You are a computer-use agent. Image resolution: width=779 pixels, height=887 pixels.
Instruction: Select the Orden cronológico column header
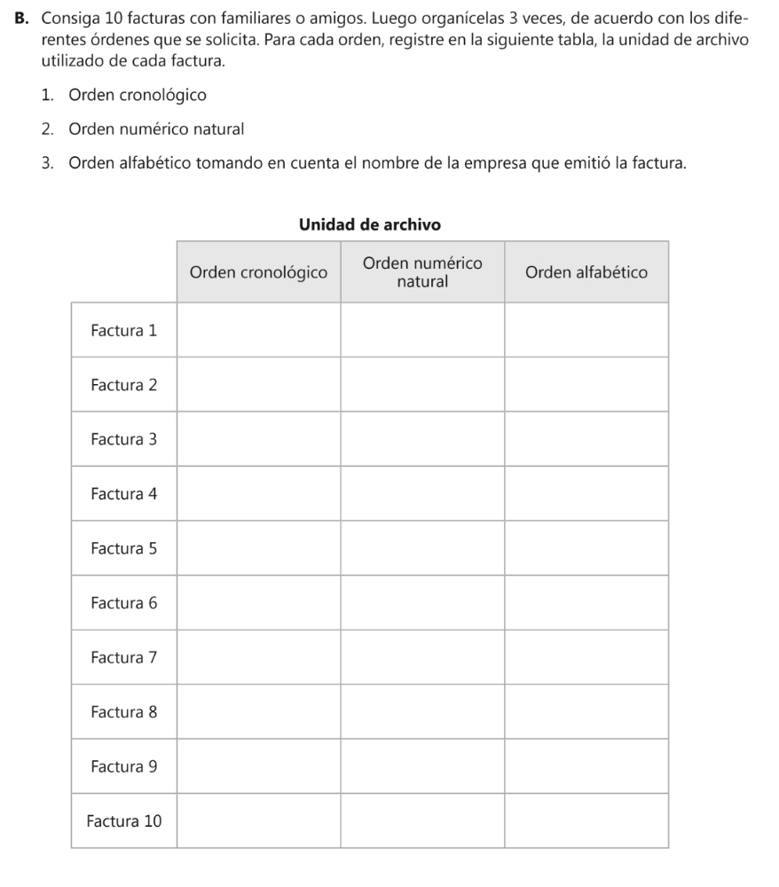[x=258, y=271]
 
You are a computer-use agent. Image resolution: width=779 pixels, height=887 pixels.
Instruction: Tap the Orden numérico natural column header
[x=422, y=271]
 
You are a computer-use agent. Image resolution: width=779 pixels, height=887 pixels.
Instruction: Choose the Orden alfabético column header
[x=586, y=271]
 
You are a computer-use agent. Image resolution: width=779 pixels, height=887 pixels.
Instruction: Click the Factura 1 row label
[x=123, y=330]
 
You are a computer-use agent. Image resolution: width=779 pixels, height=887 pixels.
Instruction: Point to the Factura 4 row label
[x=123, y=493]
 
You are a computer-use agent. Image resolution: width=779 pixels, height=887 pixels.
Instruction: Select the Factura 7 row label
[x=123, y=657]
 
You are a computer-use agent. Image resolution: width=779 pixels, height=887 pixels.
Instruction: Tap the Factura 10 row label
[x=123, y=820]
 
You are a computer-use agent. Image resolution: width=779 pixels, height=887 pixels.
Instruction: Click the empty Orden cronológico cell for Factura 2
[x=258, y=384]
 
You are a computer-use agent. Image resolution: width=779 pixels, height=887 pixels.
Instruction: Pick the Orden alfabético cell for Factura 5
[x=586, y=548]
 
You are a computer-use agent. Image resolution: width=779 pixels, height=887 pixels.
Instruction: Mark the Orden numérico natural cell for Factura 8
[x=422, y=711]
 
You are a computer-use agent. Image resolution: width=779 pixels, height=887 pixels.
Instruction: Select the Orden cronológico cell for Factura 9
[x=258, y=766]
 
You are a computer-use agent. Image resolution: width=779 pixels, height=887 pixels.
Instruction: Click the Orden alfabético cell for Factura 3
[x=586, y=439]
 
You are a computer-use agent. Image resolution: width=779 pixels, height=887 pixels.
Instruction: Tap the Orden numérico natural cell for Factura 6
[x=422, y=602]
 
